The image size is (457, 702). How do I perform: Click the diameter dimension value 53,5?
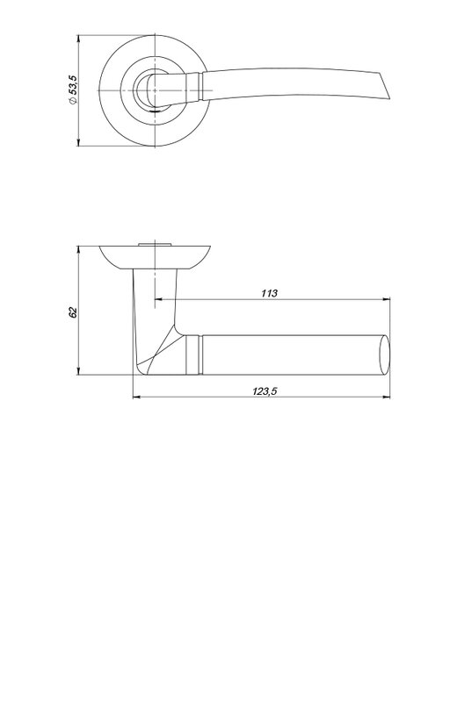pos(73,85)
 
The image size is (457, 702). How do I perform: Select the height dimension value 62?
pos(73,312)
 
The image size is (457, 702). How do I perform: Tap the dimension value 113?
pos(269,293)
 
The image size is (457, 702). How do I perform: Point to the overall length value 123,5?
pos(265,390)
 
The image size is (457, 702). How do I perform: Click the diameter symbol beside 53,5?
pos(73,101)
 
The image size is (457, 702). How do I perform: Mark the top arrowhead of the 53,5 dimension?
pos(78,39)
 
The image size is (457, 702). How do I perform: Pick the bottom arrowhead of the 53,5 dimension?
pos(78,142)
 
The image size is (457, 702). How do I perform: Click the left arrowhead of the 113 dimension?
pos(158,299)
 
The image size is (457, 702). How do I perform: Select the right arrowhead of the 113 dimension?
pos(386,299)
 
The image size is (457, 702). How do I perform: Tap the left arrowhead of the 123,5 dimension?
pos(137,397)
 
